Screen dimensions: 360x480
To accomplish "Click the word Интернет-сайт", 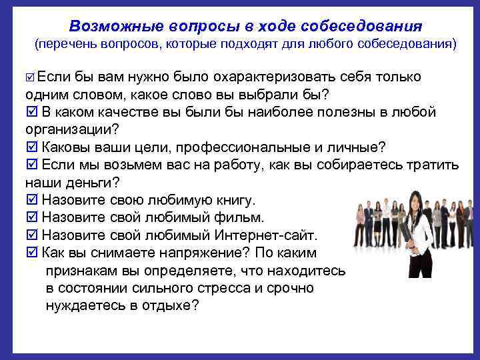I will click(x=266, y=235).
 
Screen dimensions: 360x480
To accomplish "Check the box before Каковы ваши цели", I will click(x=31, y=147).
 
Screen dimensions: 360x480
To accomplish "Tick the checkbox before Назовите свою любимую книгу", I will click(x=31, y=200).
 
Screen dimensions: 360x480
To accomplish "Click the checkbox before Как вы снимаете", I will click(x=31, y=253).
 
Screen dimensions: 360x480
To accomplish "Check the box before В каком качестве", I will click(x=31, y=111).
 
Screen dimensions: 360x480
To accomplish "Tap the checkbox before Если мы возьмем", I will click(x=31, y=164).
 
